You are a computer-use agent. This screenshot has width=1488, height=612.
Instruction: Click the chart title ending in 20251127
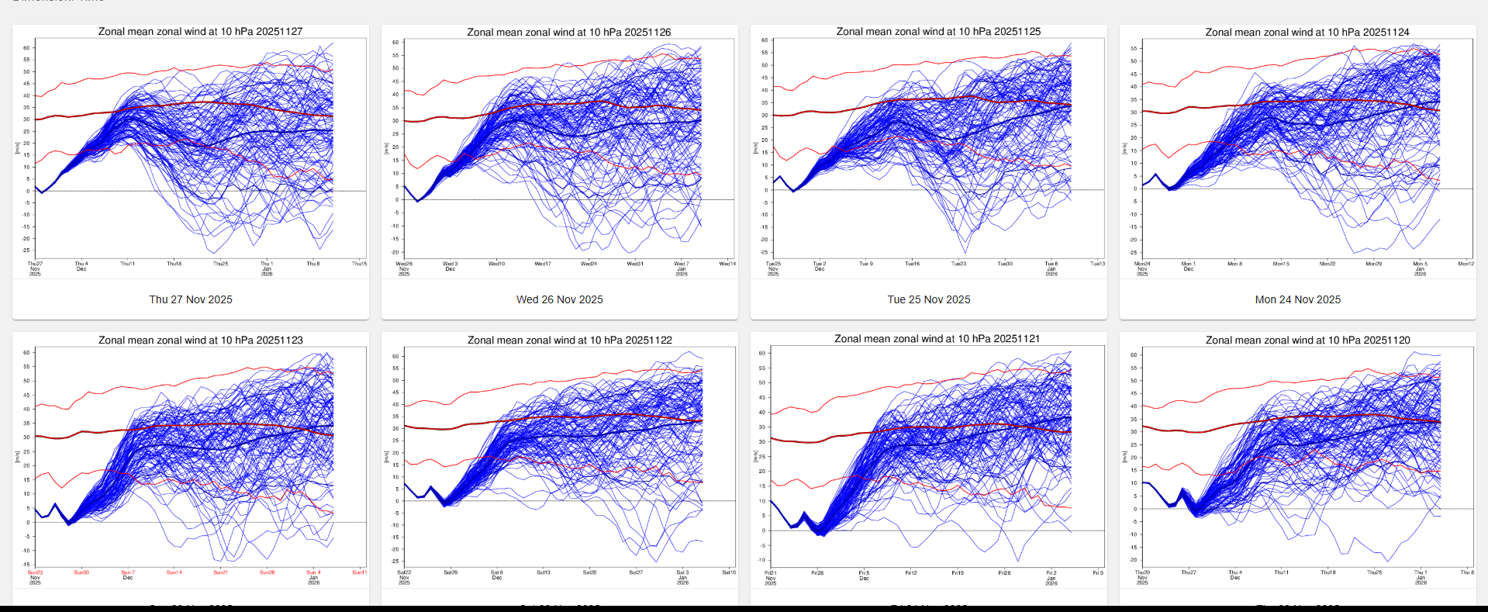[x=200, y=32]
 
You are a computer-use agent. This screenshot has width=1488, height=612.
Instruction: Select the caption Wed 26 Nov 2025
[x=559, y=299]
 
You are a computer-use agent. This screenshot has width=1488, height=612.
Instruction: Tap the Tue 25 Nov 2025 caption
[x=928, y=299]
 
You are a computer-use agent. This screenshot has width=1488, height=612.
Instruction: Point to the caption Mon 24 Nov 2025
[x=1297, y=299]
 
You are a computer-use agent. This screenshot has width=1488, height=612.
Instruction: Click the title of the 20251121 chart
[x=937, y=339]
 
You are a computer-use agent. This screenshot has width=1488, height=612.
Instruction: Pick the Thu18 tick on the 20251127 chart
[x=174, y=264]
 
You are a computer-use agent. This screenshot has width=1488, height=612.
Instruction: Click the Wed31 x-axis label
[x=635, y=264]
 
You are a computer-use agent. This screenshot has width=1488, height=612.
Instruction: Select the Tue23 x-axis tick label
[x=958, y=264]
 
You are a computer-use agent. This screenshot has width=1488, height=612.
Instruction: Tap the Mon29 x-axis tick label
[x=1373, y=264]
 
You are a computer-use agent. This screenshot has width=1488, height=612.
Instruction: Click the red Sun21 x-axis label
[x=220, y=572]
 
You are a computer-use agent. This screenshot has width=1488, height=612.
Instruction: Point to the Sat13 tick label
[x=543, y=572]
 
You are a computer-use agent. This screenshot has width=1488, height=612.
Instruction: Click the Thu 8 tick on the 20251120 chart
[x=1466, y=572]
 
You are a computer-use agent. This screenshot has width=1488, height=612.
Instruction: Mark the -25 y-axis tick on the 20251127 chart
[x=26, y=251]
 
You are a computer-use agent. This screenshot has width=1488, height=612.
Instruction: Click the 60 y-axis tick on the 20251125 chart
[x=765, y=40]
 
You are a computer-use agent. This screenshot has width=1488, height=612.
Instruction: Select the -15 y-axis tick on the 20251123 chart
[x=26, y=551]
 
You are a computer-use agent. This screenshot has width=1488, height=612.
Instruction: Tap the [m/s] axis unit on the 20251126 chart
[x=386, y=148]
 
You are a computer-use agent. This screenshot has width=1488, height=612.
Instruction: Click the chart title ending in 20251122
[x=569, y=341]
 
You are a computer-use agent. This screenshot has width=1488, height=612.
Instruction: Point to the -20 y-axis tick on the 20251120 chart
[x=1134, y=560]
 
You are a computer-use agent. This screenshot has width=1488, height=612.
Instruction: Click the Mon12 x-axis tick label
[x=1466, y=264]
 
